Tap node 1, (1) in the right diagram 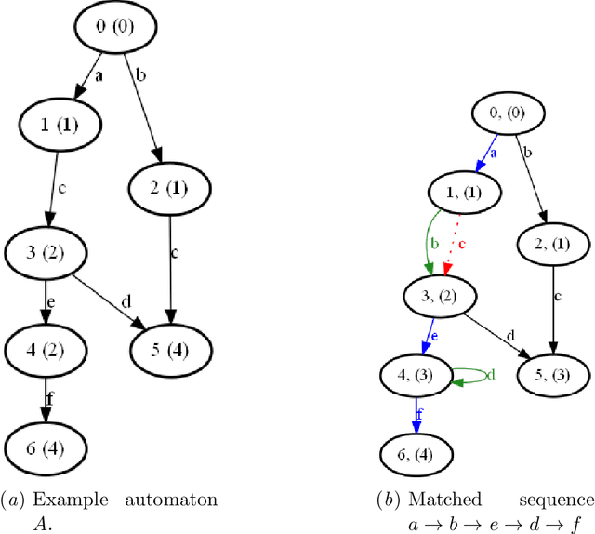[x=465, y=193]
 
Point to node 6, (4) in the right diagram [x=418, y=455]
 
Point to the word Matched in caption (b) [x=445, y=500]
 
